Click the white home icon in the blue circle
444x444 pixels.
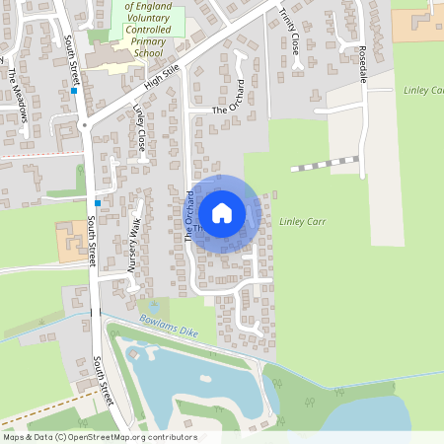[x=222, y=212]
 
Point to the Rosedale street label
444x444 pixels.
[x=362, y=63]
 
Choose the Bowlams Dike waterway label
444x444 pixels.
[x=170, y=327]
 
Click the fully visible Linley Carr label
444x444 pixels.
[x=302, y=222]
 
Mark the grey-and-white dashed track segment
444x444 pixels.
[x=326, y=163]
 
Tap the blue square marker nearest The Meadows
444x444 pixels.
[x=74, y=91]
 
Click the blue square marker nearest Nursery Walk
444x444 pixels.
[x=97, y=202]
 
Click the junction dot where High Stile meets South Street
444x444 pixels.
[x=85, y=125]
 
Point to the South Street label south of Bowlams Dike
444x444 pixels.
[x=102, y=381]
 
